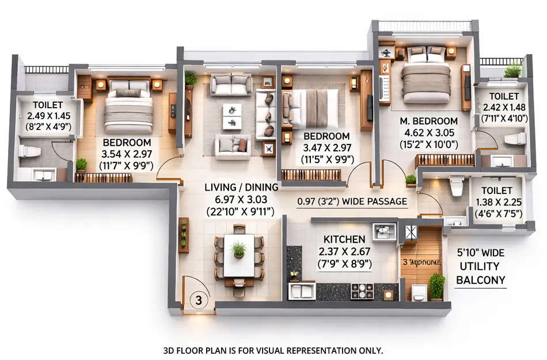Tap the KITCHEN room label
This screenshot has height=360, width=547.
tap(344, 239)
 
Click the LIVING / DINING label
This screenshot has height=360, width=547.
tap(242, 187)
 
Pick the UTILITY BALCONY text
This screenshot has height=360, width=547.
tap(481, 274)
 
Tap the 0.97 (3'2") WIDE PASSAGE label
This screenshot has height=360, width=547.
tap(352, 202)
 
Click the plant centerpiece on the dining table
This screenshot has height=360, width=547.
tap(238, 249)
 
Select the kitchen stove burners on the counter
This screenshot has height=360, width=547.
tap(362, 291)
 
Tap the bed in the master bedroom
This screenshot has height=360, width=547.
tap(426, 78)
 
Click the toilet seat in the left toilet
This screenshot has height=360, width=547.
tap(28, 151)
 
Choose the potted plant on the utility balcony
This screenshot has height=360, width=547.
tap(436, 285)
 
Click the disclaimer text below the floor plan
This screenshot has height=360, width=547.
tap(273, 350)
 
